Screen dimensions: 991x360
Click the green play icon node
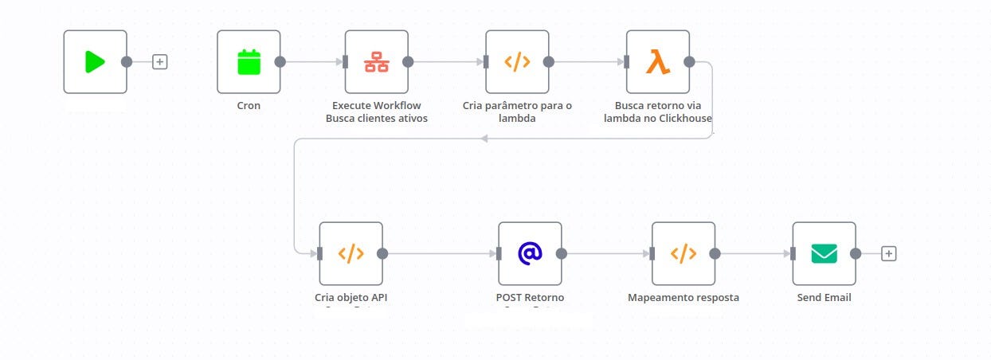95,62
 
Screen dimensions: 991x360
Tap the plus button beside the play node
160,62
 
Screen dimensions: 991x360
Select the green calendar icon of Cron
249,62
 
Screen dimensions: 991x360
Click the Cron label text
249,105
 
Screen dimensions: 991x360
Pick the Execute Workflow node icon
376,62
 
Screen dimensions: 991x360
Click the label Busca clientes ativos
377,119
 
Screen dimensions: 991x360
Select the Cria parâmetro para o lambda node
517,62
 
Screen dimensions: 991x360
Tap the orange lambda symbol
657,62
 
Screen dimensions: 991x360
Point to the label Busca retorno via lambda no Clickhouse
663,112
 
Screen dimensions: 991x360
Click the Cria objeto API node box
351,253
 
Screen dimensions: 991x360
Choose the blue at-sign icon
530,253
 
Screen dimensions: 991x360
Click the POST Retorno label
530,298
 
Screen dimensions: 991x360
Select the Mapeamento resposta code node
684,253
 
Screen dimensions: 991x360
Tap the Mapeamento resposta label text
684,298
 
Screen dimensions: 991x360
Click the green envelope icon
824,253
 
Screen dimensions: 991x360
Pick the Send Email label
824,298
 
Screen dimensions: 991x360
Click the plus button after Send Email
889,253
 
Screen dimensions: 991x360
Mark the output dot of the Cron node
280,62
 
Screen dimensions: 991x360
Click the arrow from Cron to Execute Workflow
312,62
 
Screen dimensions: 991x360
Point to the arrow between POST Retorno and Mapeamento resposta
605,253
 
